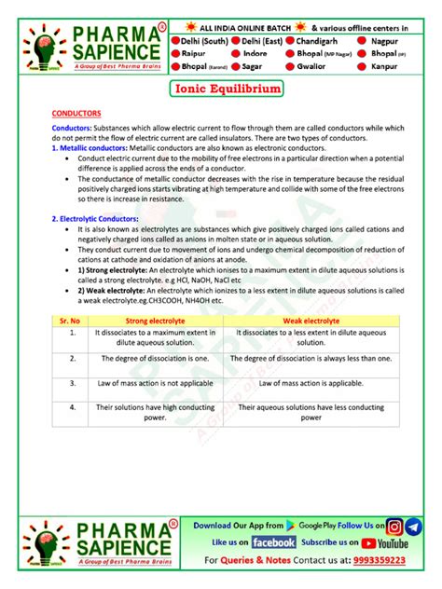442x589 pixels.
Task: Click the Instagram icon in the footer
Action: [395, 527]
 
